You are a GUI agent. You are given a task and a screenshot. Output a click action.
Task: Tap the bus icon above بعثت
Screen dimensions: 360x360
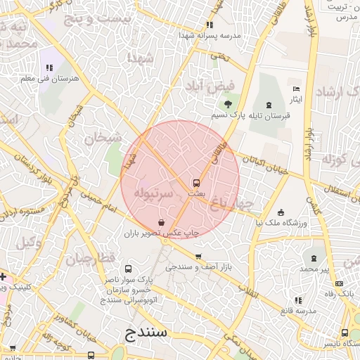tap(196, 182)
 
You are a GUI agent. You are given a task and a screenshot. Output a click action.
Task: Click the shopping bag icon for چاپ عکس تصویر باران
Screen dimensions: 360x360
tap(163, 222)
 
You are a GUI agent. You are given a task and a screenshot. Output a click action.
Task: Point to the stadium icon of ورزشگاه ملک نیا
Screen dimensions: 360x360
tap(281, 212)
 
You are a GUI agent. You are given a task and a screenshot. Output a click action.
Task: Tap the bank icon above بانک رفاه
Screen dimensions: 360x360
tap(339, 283)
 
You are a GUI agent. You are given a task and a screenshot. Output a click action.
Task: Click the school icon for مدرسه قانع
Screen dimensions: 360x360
tap(300, 300)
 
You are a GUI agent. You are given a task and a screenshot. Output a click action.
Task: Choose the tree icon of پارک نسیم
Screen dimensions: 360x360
tap(227, 104)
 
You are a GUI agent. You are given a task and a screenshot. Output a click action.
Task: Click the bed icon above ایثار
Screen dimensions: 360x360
tap(295, 89)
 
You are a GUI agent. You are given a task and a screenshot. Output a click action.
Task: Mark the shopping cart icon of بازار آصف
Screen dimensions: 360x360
tap(198, 257)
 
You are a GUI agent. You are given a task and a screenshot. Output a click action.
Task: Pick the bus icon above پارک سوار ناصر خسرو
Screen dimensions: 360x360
tap(128, 269)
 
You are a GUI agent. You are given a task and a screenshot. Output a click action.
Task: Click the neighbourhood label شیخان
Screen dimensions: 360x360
tap(103, 138)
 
